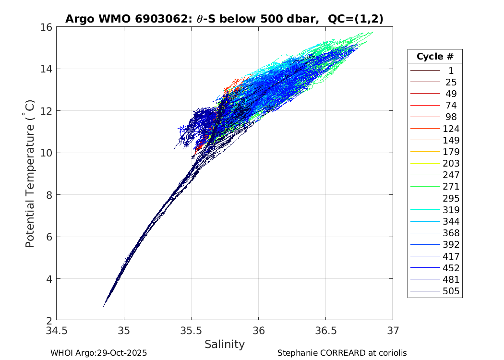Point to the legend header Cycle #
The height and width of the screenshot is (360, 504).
click(x=435, y=56)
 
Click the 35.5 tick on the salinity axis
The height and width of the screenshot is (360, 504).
click(x=191, y=331)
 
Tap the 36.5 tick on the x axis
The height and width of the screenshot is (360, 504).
click(x=325, y=331)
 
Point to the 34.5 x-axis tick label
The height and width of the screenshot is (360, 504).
click(x=57, y=331)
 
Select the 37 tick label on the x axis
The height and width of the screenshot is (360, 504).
click(x=393, y=331)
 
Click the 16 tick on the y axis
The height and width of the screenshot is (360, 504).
click(x=47, y=27)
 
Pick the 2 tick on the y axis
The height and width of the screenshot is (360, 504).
click(x=49, y=321)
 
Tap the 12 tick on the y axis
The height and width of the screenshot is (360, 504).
click(x=47, y=111)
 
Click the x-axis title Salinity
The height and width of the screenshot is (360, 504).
click(x=225, y=344)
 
